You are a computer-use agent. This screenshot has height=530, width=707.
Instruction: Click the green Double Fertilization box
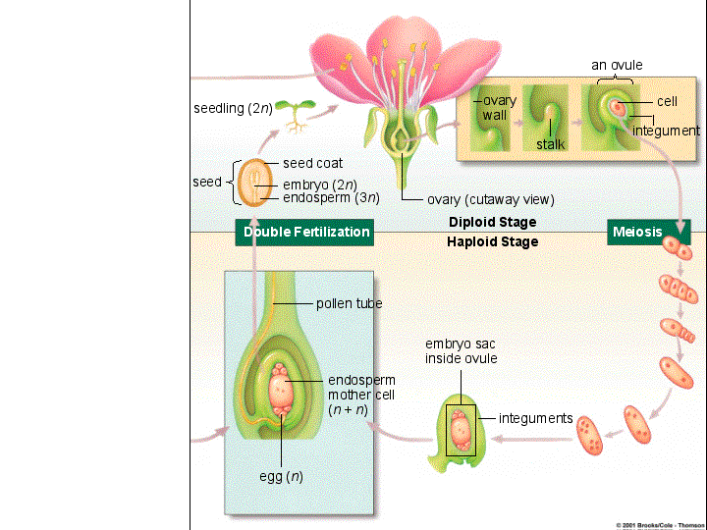304,232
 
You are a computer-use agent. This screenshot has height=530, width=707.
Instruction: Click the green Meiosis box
648,232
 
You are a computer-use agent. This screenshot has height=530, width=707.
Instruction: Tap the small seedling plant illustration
296,116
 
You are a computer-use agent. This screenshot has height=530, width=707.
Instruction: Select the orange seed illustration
255,183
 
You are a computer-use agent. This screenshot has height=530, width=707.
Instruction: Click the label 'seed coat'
312,163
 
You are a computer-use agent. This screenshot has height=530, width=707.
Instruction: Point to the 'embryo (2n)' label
320,185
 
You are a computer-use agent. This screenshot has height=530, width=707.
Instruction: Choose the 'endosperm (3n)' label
332,198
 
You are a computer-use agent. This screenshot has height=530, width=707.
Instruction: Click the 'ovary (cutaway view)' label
491,199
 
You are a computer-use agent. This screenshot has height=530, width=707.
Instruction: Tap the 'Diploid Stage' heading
492,222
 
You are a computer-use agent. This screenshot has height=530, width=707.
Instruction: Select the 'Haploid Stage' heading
492,242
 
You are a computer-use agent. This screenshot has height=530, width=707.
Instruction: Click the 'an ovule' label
617,66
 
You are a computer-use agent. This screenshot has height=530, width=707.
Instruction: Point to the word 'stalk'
551,144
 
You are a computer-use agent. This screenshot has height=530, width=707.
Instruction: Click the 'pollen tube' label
349,303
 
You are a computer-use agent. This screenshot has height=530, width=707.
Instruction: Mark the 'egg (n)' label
281,476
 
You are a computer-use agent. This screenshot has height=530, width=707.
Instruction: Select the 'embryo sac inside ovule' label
461,351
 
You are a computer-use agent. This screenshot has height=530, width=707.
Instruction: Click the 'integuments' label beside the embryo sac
536,418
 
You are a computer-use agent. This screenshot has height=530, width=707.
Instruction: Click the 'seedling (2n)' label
233,108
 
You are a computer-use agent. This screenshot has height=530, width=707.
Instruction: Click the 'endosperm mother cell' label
361,388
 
